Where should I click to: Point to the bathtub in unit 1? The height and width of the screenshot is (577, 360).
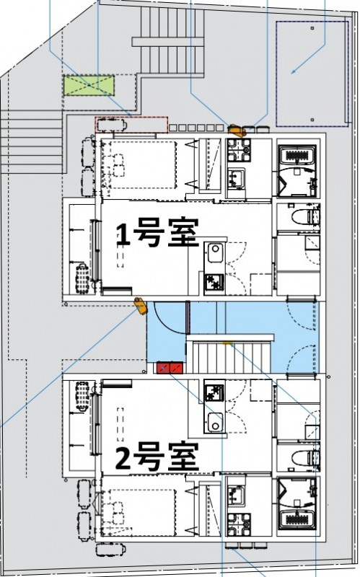(298, 155)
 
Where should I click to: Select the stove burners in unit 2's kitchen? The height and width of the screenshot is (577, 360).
(214, 393)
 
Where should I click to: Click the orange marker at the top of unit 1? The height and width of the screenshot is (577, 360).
(235, 131)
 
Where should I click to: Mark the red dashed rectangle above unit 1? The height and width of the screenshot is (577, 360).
(131, 124)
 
